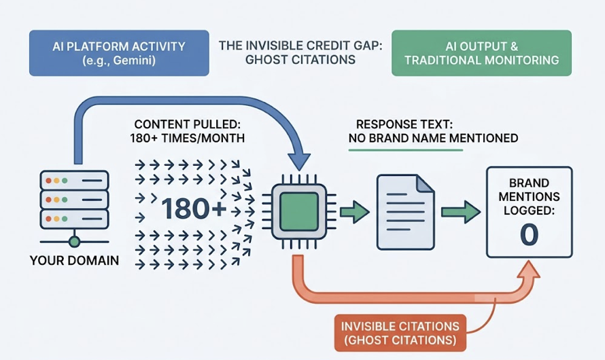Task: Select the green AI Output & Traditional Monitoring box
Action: click(x=482, y=52)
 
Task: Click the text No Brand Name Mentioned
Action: click(x=433, y=138)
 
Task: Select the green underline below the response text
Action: click(x=405, y=150)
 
